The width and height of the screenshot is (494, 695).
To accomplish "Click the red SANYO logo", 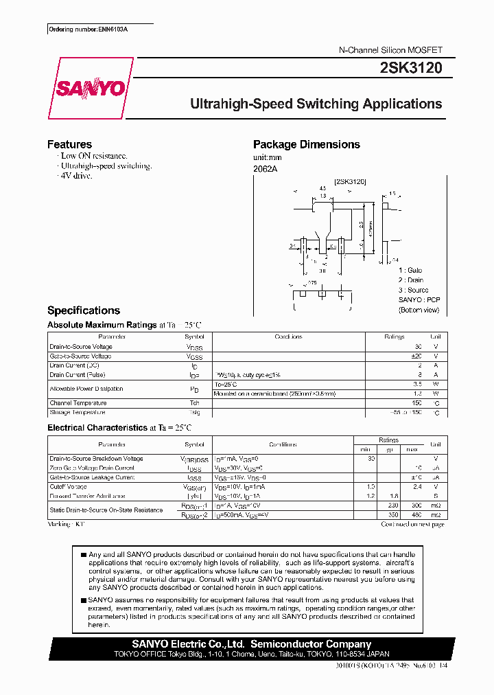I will point(90,89).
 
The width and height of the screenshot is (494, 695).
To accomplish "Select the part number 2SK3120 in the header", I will point(410,68).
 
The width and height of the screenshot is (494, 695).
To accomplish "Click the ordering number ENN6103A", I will point(89,30).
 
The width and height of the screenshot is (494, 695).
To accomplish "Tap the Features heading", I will point(69,144).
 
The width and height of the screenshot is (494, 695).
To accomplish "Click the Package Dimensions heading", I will point(306,144).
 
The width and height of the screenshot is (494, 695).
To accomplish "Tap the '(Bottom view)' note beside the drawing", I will point(419,310).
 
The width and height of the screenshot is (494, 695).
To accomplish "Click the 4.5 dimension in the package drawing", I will point(322,187).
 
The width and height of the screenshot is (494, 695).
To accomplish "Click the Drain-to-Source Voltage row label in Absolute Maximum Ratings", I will point(81,347).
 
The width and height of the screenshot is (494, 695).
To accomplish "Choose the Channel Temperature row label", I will point(78,403).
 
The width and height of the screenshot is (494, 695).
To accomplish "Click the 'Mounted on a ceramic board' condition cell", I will point(274,394).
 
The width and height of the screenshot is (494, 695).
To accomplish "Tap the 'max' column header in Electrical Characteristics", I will point(412,449).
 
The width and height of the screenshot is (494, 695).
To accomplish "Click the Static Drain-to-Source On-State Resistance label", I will point(106,510).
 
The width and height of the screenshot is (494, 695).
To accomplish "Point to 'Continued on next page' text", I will point(412,524).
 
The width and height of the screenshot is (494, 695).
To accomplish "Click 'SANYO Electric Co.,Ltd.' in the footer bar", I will point(189,644).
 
